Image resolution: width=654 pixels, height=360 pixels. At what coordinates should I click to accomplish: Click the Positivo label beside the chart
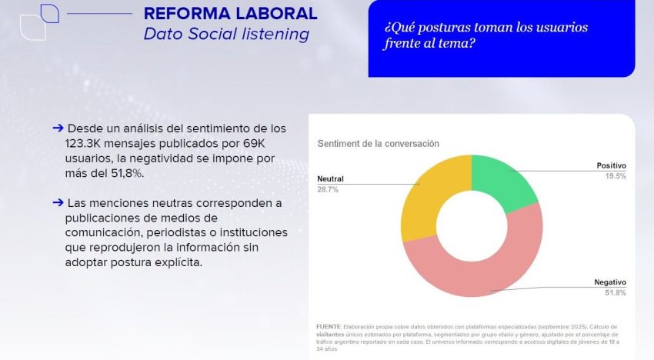tap(611, 165)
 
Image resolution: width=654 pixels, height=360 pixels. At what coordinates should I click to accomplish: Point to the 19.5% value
tap(615, 176)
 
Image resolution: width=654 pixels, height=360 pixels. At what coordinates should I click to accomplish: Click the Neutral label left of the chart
tap(330, 178)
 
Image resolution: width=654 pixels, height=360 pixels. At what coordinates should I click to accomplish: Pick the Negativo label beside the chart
tap(609, 282)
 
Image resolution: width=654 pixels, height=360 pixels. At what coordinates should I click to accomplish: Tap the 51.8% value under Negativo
tap(615, 293)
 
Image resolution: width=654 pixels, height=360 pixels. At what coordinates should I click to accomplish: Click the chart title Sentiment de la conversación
tap(378, 144)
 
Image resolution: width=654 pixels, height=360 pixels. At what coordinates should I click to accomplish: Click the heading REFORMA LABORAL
tap(230, 14)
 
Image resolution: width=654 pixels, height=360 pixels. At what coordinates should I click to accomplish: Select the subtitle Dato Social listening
tap(226, 35)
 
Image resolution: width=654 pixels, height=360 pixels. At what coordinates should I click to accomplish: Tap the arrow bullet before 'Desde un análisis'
tap(58, 128)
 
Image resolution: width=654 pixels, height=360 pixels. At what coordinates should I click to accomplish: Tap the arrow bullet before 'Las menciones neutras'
tap(58, 202)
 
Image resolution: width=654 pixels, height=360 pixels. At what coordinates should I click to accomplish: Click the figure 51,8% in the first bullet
tap(126, 173)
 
